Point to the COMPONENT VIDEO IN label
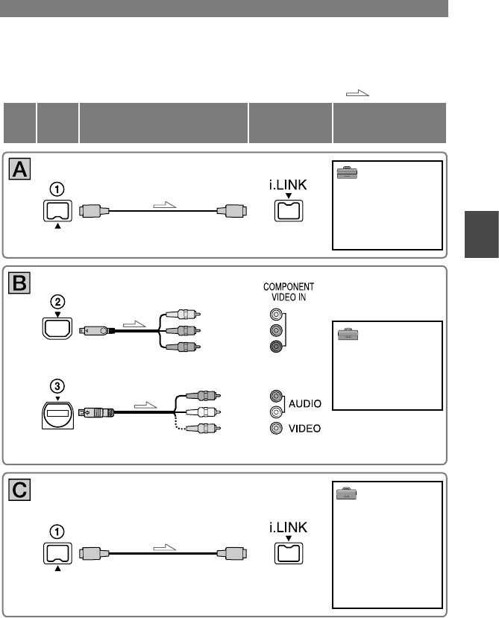(x=288, y=291)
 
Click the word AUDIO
(x=306, y=404)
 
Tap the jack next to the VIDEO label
(x=277, y=428)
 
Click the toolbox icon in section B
(x=345, y=336)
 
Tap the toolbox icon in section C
(x=345, y=493)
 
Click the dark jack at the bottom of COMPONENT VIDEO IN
(x=277, y=346)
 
